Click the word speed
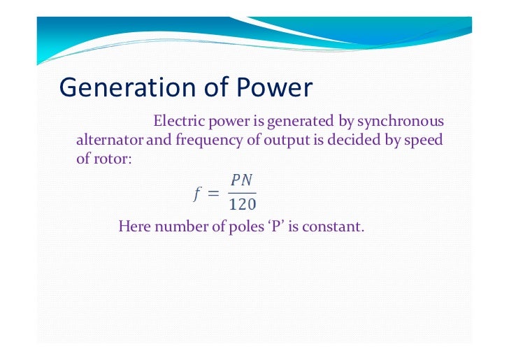[x=423, y=140]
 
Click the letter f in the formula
[x=198, y=194]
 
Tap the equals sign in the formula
[x=214, y=194]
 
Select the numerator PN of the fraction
[x=242, y=180]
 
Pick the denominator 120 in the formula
[x=243, y=205]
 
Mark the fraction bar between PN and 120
[x=243, y=193]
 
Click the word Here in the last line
[x=134, y=226]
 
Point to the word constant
[x=338, y=226]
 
